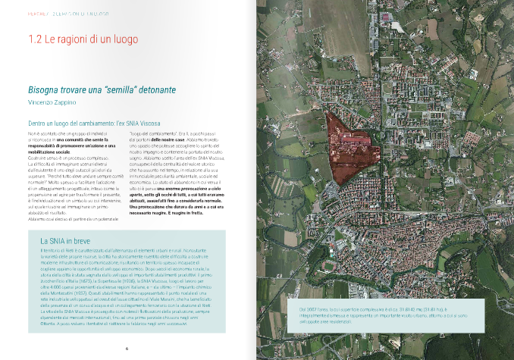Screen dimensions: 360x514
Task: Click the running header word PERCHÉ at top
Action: pyautogui.click(x=38, y=14)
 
